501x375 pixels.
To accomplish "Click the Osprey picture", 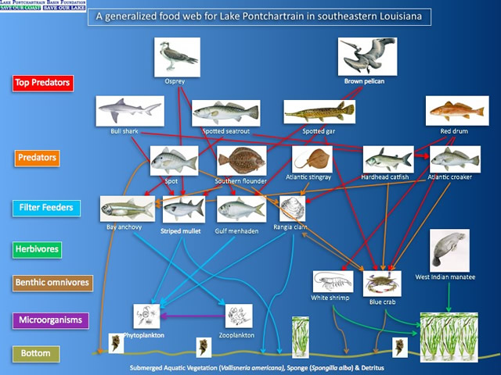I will click(x=177, y=56).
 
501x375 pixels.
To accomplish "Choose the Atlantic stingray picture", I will click(x=312, y=160).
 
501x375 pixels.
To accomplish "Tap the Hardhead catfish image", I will click(x=388, y=159).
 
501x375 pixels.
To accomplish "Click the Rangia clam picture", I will click(x=292, y=208).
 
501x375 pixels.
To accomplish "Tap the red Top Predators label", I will click(x=42, y=82).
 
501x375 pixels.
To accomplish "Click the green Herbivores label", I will click(x=39, y=249).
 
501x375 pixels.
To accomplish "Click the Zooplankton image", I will click(x=239, y=316).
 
